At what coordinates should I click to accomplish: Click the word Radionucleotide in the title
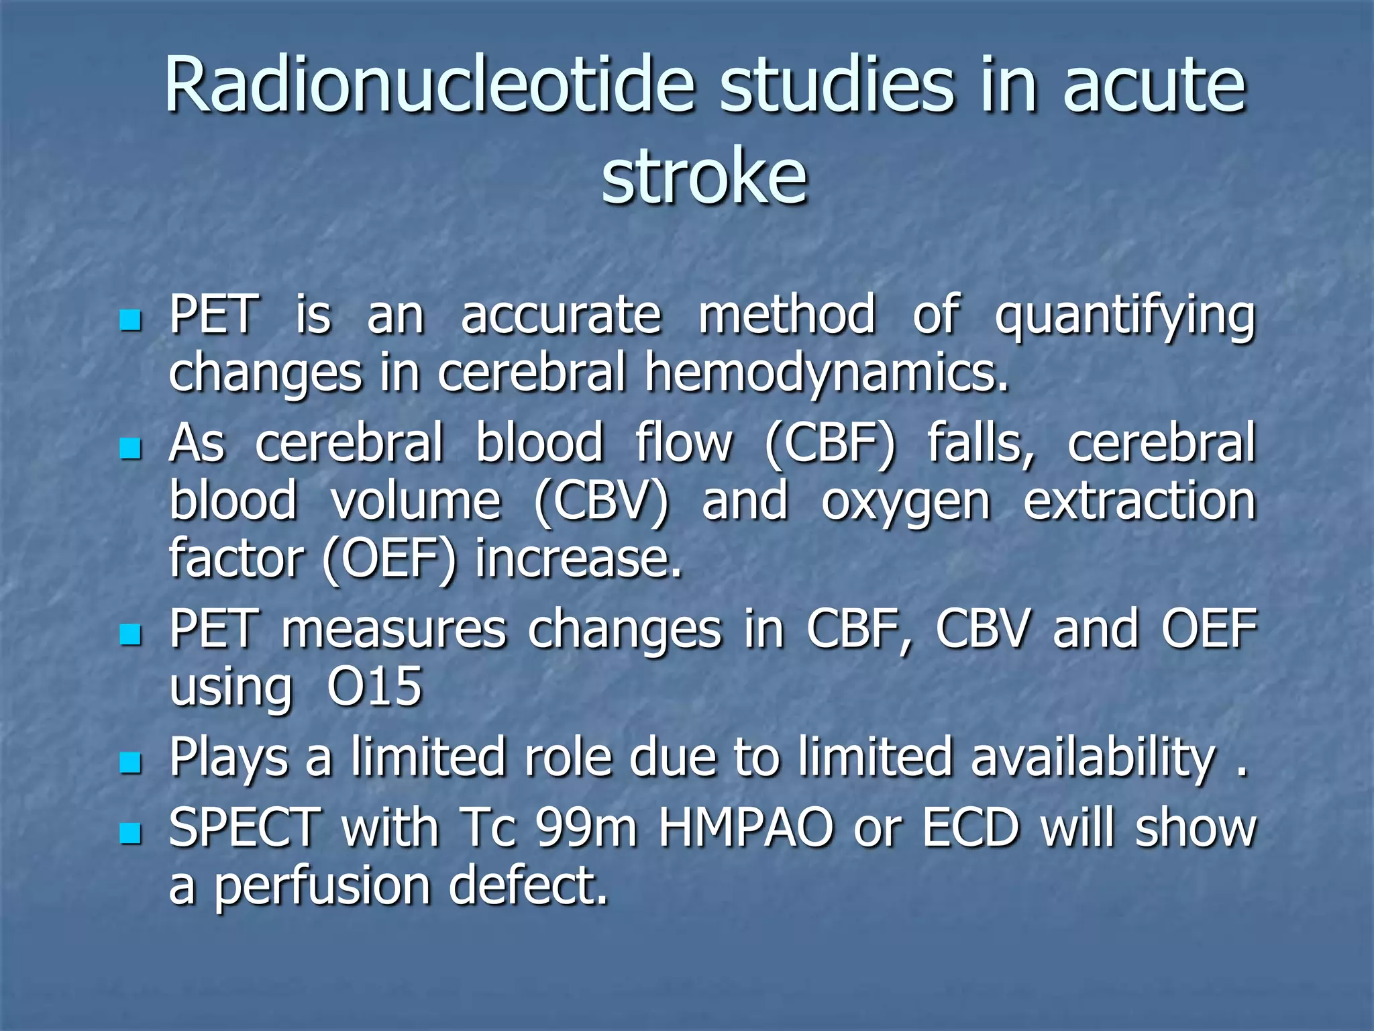pos(429,86)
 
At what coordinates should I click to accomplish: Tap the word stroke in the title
pos(704,176)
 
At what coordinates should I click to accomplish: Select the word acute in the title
pos(1154,86)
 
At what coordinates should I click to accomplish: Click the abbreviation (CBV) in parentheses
pos(601,501)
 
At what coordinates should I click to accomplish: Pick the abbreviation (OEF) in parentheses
pos(389,559)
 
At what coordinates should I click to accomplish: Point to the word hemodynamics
pos(827,373)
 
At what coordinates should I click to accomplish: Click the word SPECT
pos(245,828)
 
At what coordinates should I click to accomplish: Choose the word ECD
pos(971,828)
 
